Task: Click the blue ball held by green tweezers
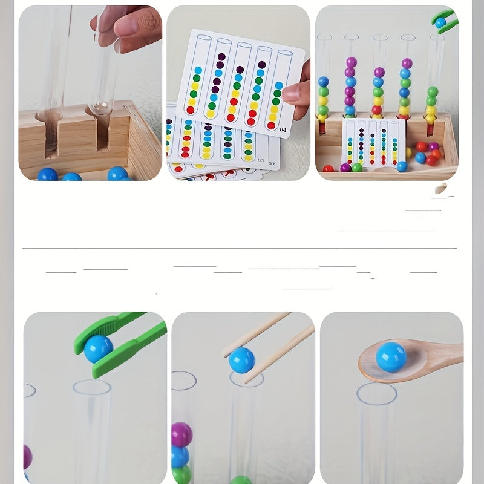click(x=98, y=348)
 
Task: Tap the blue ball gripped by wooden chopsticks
click(x=241, y=360)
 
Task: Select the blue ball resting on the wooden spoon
click(x=391, y=356)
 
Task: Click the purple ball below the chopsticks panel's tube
click(x=181, y=434)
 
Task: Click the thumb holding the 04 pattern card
click(x=295, y=93)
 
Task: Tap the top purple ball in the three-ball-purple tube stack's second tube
click(x=350, y=62)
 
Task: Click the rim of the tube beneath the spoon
click(x=376, y=393)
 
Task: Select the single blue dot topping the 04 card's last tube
click(x=278, y=85)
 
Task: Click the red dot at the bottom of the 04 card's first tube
click(x=190, y=110)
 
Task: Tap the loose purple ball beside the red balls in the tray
click(x=434, y=146)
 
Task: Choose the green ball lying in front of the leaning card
click(x=357, y=168)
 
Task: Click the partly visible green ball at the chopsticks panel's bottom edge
click(x=241, y=480)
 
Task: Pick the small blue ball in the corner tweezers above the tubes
click(x=441, y=22)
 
